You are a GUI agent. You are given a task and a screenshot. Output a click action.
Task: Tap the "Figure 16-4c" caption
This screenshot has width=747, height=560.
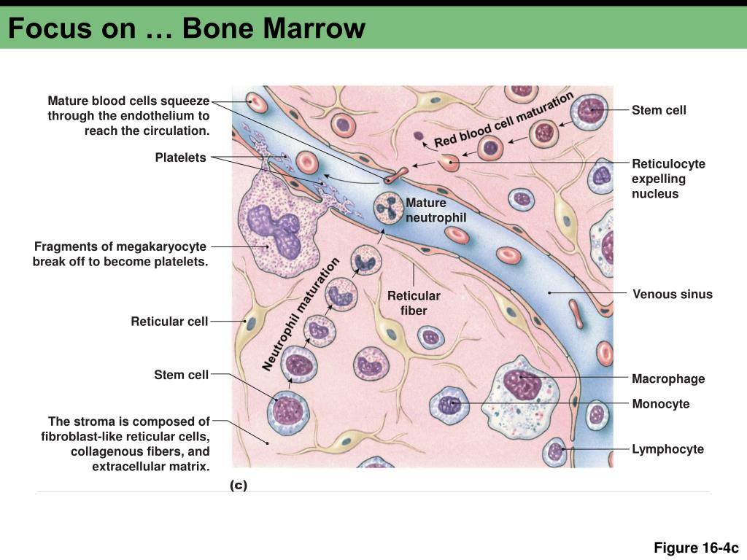[696, 548]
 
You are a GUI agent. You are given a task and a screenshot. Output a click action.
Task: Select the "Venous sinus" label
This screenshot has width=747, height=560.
[672, 295]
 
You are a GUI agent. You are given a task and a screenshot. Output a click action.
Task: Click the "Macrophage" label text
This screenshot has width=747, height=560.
[668, 378]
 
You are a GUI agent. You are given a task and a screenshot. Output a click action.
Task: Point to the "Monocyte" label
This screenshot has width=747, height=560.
[660, 404]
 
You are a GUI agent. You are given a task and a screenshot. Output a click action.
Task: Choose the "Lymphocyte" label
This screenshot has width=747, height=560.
[667, 449]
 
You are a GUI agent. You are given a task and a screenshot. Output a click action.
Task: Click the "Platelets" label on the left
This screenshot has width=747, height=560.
[180, 157]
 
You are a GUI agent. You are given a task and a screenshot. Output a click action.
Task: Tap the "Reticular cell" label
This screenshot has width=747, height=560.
[169, 321]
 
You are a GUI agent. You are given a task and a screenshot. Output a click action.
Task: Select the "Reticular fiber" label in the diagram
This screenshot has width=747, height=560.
[414, 303]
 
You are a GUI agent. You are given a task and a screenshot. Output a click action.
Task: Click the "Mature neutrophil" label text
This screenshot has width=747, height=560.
[436, 210]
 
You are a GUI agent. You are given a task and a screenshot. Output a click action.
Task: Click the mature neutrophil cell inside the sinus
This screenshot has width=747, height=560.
[388, 209]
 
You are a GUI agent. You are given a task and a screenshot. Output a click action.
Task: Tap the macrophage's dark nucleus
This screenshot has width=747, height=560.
[519, 382]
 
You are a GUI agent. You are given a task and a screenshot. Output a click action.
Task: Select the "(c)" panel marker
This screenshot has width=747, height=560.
[239, 485]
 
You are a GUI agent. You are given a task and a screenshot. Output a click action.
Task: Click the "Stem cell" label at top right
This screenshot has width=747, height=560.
[659, 110]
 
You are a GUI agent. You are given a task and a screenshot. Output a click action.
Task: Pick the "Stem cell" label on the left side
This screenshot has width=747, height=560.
[181, 375]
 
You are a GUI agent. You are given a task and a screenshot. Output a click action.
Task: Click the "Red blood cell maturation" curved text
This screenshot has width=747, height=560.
[503, 120]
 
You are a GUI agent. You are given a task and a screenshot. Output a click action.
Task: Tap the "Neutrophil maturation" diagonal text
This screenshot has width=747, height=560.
[301, 314]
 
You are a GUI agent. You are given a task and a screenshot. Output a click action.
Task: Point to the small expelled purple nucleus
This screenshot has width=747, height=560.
[418, 135]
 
